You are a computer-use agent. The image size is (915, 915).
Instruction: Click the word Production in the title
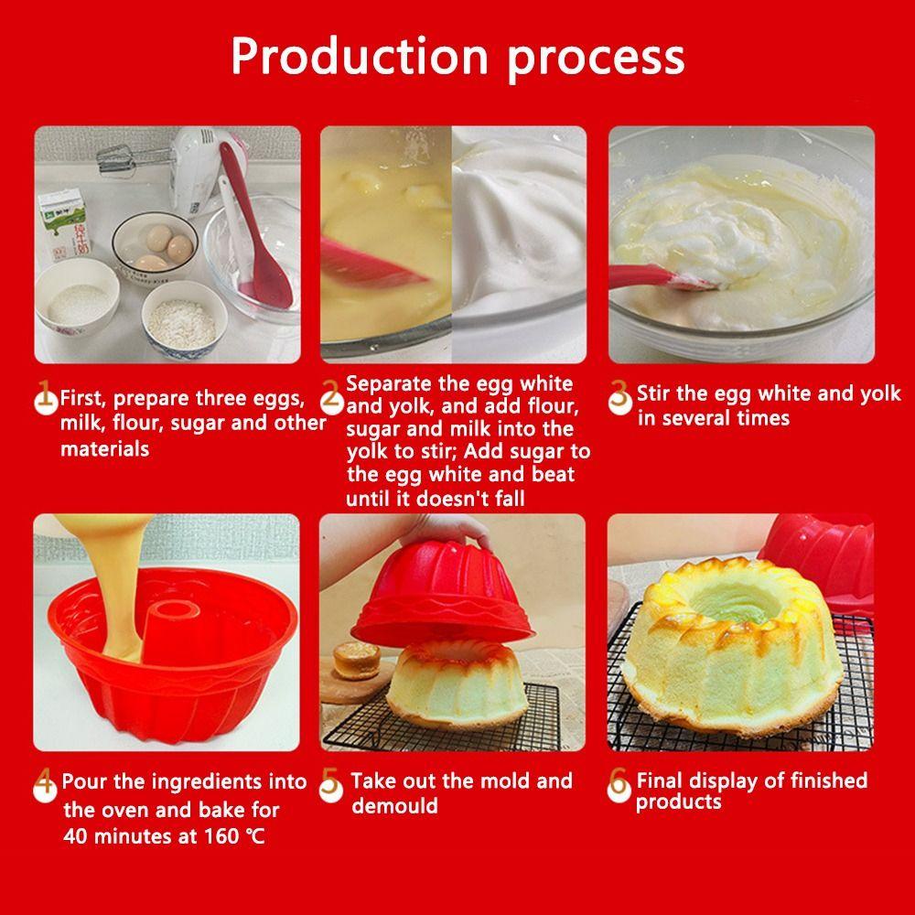point(359,57)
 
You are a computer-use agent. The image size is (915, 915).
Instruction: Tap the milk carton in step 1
point(64,225)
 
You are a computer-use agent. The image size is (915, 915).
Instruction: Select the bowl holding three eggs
point(155,244)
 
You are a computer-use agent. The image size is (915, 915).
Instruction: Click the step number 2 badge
point(331,396)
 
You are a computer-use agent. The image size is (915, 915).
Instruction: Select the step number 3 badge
point(619,397)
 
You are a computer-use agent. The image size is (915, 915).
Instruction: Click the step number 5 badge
point(331,785)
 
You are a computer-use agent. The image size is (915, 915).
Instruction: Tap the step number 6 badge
point(619,785)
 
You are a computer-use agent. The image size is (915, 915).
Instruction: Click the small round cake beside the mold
point(357,661)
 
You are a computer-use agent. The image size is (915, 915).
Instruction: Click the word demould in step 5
point(394,806)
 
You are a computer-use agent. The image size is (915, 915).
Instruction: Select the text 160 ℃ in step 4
point(234,836)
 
